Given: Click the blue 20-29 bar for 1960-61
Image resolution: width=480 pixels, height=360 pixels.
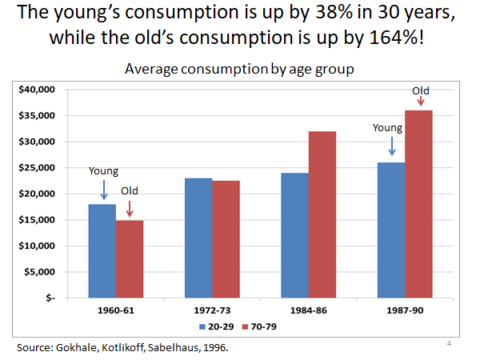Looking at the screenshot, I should tap(102, 250).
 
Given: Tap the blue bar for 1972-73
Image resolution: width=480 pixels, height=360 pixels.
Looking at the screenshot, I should tap(198, 238).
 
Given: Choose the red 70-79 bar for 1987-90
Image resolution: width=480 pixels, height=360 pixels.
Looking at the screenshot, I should tap(419, 204).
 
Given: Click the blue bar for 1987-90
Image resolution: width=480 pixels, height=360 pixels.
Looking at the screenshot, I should tap(391, 230).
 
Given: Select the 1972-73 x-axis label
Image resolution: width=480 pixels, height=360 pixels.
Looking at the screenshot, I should tap(212, 310).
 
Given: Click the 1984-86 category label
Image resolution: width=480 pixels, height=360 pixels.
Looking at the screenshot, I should tap(309, 310).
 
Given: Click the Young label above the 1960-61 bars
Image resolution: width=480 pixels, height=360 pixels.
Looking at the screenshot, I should tap(103, 170).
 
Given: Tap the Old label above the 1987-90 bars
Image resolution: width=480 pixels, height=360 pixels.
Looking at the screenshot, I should tap(420, 91).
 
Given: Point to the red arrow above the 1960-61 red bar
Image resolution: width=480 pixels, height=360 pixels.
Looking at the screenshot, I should tap(130, 209).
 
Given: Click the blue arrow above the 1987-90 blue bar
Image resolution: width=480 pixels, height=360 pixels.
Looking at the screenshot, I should tap(391, 146).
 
